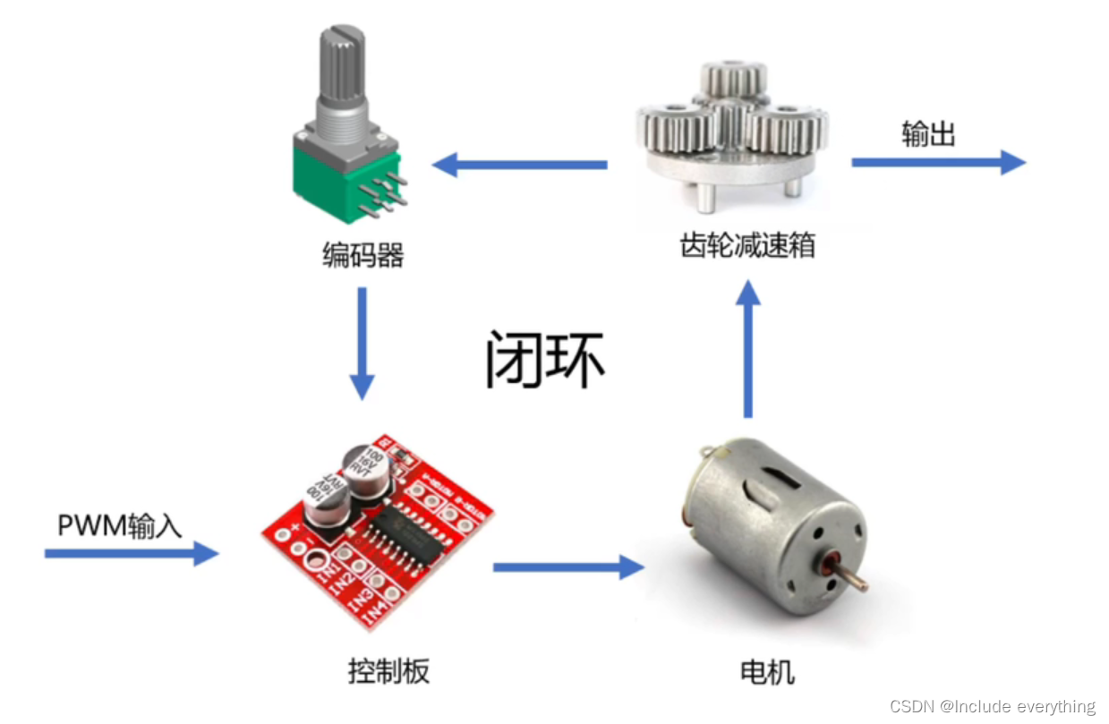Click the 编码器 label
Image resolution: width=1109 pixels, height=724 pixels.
tap(363, 256)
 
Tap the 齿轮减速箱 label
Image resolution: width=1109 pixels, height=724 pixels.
tap(747, 244)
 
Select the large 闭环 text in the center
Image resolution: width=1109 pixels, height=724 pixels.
tap(545, 361)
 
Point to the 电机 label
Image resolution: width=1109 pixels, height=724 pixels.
tap(767, 671)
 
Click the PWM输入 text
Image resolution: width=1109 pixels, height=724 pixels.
tap(119, 524)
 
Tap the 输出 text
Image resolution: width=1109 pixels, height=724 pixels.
tap(928, 134)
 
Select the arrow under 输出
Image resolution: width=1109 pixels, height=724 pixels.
tap(937, 162)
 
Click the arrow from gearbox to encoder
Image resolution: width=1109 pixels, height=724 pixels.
tap(520, 165)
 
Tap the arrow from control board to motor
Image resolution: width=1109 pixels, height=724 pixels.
tap(568, 566)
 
